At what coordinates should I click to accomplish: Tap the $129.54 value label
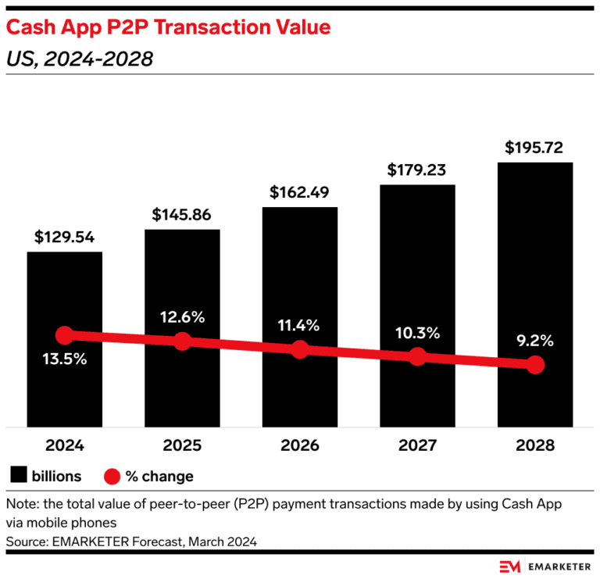tap(65, 238)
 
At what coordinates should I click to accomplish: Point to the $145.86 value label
tap(182, 215)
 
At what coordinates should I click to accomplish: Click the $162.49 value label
tap(300, 192)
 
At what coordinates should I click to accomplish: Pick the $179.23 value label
tap(417, 170)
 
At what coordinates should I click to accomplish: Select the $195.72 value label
tap(534, 148)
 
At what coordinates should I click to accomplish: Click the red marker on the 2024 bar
tap(65, 335)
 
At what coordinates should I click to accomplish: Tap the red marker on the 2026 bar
tap(300, 349)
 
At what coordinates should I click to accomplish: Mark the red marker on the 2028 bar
tap(534, 364)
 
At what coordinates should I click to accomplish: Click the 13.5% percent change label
tap(65, 360)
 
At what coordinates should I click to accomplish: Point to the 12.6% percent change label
tap(182, 316)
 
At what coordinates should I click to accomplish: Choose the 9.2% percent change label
tap(534, 340)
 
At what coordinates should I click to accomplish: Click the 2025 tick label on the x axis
tap(182, 446)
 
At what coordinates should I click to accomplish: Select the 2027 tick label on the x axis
tap(417, 446)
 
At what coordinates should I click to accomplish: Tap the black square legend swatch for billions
tap(19, 475)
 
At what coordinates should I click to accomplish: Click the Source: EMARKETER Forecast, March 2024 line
tap(131, 541)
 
